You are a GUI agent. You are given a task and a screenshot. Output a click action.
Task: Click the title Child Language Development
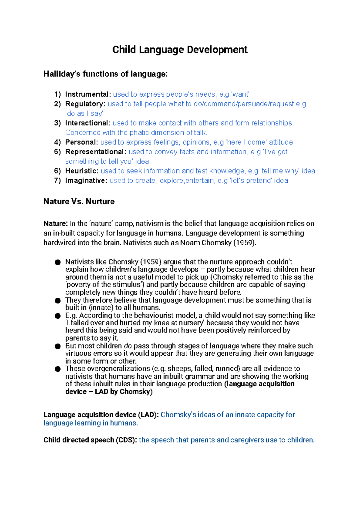(x=180, y=50)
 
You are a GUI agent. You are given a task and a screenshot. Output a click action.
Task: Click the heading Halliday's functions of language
(x=105, y=74)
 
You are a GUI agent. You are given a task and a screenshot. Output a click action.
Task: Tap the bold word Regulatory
(x=85, y=104)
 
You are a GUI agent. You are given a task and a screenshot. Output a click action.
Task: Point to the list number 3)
(x=58, y=123)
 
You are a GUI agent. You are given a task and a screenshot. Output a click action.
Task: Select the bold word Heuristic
(x=82, y=171)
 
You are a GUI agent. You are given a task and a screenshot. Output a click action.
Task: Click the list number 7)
(x=58, y=181)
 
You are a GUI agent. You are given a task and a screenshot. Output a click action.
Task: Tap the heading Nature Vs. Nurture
(x=79, y=201)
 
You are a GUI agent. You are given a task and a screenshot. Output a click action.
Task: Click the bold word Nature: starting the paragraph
(x=56, y=224)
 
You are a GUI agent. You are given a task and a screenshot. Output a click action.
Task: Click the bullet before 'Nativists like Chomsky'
(x=58, y=263)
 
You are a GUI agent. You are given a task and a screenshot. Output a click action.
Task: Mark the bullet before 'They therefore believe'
(x=58, y=301)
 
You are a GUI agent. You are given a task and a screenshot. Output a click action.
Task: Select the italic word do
(x=127, y=346)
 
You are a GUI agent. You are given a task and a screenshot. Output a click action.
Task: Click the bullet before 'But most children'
(x=58, y=346)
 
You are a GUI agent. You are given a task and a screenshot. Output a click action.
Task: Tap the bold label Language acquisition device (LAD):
(x=101, y=415)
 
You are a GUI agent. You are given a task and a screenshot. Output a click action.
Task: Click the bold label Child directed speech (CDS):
(x=90, y=440)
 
